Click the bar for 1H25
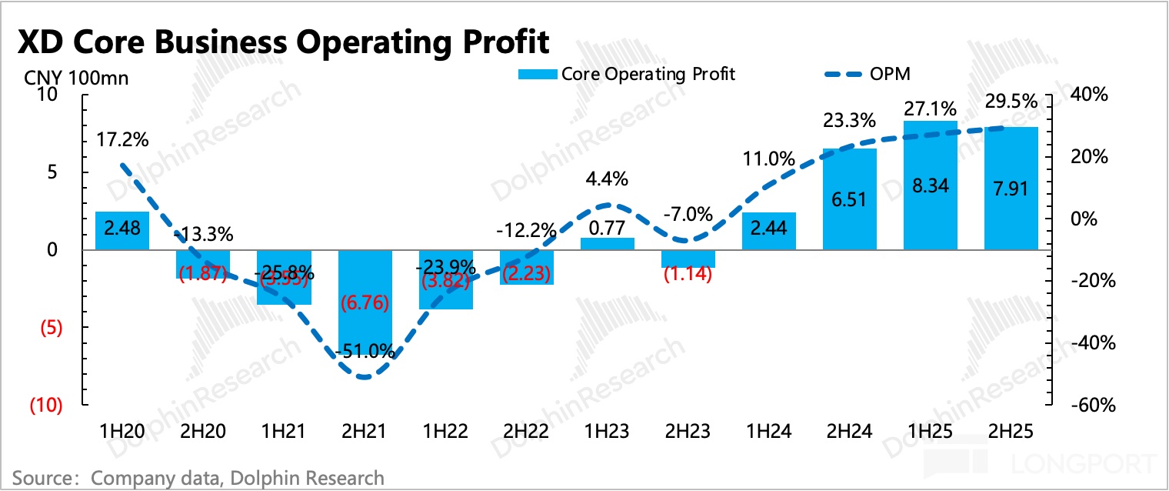[x=930, y=185]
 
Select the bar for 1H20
[x=122, y=230]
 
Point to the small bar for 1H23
[x=607, y=243]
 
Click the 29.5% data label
[x=1012, y=102]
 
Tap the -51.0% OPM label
[x=365, y=352]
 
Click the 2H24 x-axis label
[x=849, y=432]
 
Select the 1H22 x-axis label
[x=445, y=432]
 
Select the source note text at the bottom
[x=198, y=477]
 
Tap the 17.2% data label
[x=123, y=140]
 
